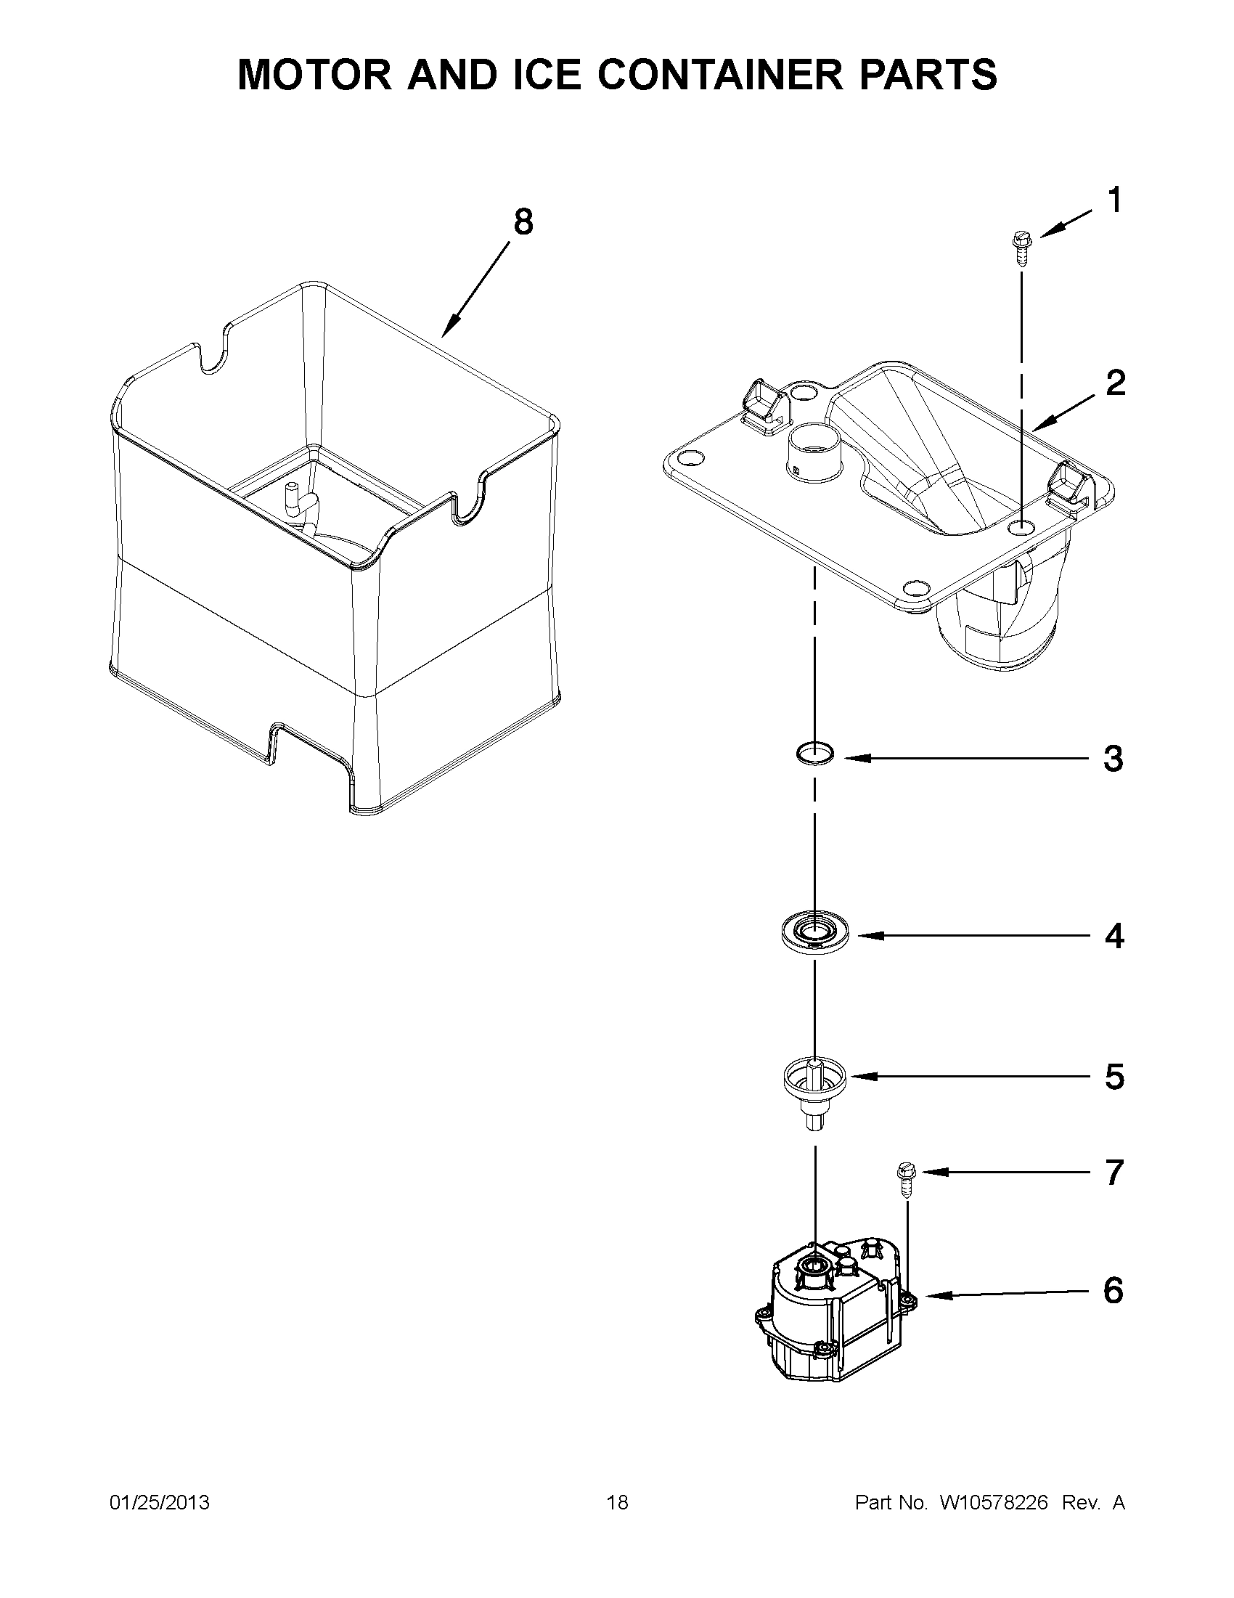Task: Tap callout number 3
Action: pyautogui.click(x=1113, y=759)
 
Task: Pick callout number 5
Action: pyautogui.click(x=1114, y=1076)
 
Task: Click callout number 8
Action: pyautogui.click(x=523, y=221)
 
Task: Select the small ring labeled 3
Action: pyautogui.click(x=815, y=752)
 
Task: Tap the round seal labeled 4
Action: pyautogui.click(x=814, y=932)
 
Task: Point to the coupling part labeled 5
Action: pyautogui.click(x=814, y=1085)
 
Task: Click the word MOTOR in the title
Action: pyautogui.click(x=315, y=75)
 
